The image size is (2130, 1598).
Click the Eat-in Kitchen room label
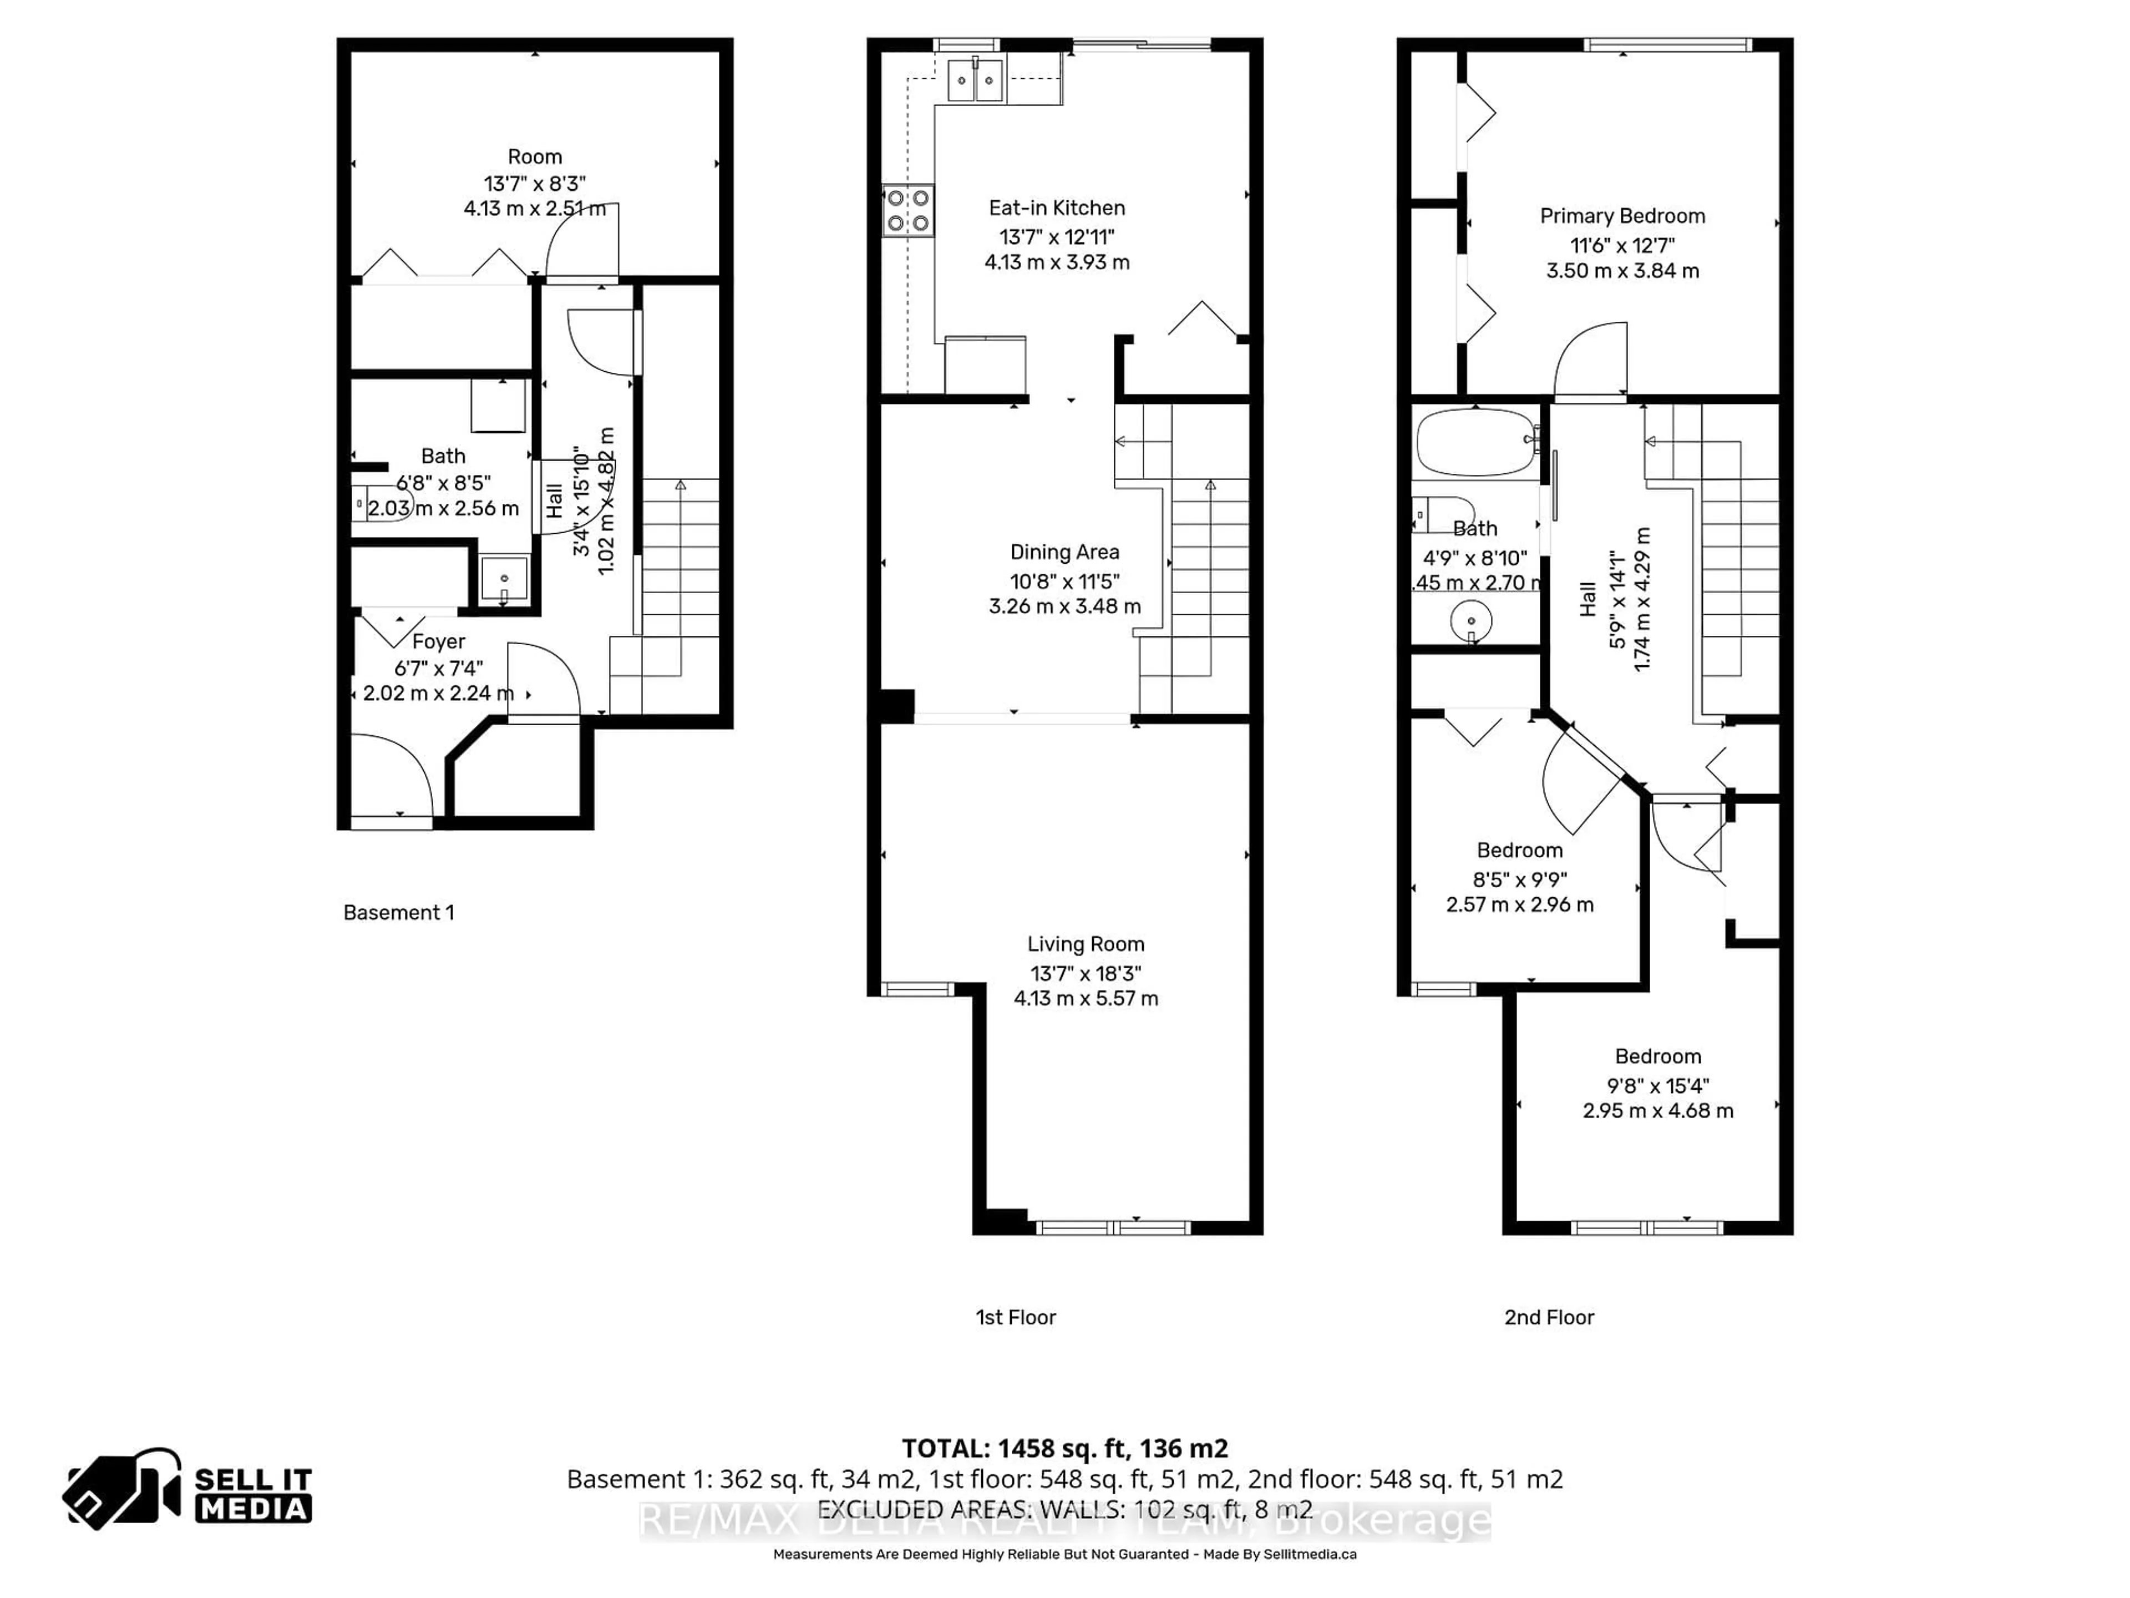click(1056, 208)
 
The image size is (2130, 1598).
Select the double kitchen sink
click(976, 80)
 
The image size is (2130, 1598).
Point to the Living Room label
click(1085, 944)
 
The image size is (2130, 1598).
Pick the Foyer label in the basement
click(438, 641)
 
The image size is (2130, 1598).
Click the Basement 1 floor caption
click(399, 912)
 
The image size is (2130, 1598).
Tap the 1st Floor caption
click(1015, 1317)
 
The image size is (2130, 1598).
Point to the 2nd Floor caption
click(1548, 1317)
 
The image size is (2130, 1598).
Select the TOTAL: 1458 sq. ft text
click(1064, 1448)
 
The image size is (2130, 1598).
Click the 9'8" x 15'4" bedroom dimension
click(1657, 1085)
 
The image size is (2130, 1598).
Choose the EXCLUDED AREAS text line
click(1064, 1509)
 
